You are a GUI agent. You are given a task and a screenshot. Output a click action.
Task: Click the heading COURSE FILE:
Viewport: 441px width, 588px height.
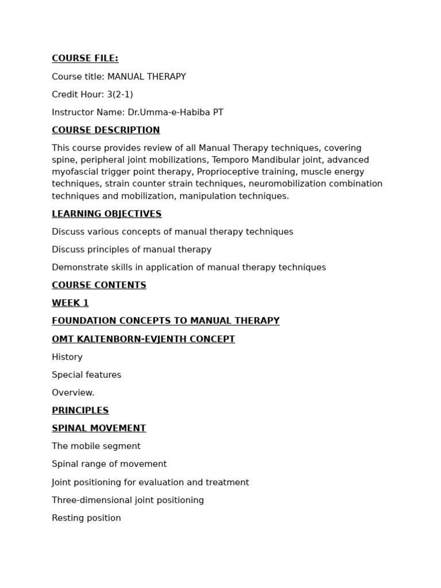pos(85,59)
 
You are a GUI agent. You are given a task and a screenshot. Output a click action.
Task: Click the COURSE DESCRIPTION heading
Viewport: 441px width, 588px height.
pos(106,130)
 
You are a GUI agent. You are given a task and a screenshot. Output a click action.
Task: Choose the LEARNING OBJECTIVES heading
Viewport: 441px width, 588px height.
pos(106,214)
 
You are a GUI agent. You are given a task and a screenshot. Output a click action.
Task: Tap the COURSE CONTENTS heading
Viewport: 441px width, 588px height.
pos(99,285)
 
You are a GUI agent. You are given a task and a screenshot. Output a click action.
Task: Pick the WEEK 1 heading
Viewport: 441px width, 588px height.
pos(70,303)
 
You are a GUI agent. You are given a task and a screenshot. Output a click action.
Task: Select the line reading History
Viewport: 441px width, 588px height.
pos(67,357)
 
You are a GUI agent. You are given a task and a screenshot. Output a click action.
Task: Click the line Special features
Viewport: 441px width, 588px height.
pos(86,375)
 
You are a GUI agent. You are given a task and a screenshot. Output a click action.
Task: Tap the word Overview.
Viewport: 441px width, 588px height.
pos(73,393)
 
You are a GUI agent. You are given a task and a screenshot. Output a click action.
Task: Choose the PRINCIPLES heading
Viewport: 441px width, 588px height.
pos(80,411)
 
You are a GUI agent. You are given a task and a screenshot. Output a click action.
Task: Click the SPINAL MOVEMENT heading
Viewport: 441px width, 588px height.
pos(99,428)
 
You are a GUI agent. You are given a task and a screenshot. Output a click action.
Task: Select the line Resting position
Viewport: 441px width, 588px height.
pos(86,518)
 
